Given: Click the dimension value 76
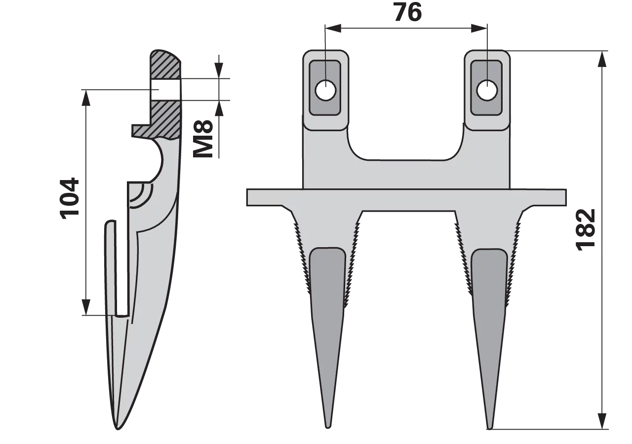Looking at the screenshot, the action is (408, 13).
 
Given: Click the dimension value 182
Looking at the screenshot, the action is (586, 230).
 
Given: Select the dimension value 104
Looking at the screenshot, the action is (70, 198).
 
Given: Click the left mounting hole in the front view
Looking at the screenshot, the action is (325, 91).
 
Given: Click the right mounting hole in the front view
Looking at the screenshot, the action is (487, 90).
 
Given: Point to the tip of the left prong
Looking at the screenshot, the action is (327, 428).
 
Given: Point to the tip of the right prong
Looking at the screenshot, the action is (489, 429).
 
